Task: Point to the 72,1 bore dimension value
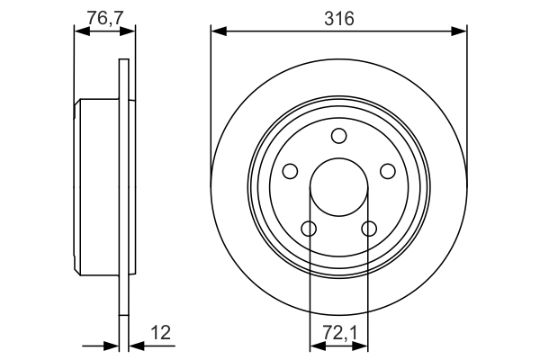pyautogui.click(x=338, y=332)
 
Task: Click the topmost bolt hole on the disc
pyautogui.click(x=338, y=136)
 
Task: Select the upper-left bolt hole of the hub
pyautogui.click(x=290, y=171)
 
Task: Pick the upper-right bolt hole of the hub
pyautogui.click(x=388, y=171)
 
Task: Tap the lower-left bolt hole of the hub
pyautogui.click(x=309, y=229)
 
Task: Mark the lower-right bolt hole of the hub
pyautogui.click(x=369, y=229)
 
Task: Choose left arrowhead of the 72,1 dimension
pyautogui.click(x=315, y=345)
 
